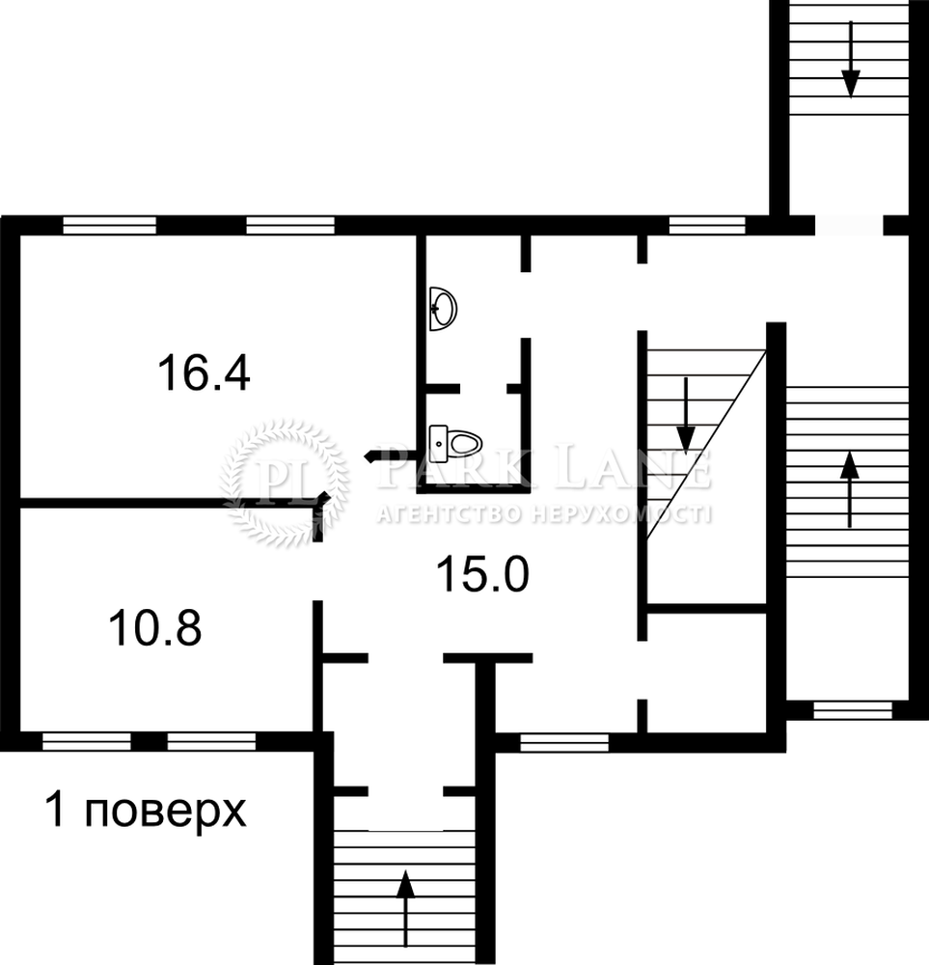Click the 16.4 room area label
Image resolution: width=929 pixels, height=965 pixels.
pyautogui.click(x=204, y=373)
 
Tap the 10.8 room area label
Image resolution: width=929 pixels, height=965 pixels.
pyautogui.click(x=155, y=628)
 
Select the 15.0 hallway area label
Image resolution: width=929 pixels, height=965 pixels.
pyautogui.click(x=482, y=573)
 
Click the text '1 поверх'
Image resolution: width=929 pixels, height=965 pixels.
pyautogui.click(x=146, y=811)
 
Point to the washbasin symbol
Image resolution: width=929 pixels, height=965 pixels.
pyautogui.click(x=443, y=309)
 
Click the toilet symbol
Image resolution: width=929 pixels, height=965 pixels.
pyautogui.click(x=455, y=441)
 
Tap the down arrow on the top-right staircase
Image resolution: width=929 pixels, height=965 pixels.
pyautogui.click(x=850, y=60)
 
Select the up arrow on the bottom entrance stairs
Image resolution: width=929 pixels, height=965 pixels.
pyautogui.click(x=405, y=912)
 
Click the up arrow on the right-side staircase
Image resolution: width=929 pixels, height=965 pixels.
pyautogui.click(x=850, y=489)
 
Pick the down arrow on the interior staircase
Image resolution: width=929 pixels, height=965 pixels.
pyautogui.click(x=686, y=416)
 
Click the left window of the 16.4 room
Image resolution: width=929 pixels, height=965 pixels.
pyautogui.click(x=110, y=225)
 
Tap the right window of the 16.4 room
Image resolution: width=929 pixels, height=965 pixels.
pyautogui.click(x=290, y=225)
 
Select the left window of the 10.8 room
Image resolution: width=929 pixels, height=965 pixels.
pyautogui.click(x=87, y=741)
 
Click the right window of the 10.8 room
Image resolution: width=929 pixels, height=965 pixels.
pyautogui.click(x=211, y=741)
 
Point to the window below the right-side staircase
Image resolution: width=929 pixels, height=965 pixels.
pyautogui.click(x=853, y=710)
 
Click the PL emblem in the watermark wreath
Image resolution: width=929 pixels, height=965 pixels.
pyautogui.click(x=285, y=482)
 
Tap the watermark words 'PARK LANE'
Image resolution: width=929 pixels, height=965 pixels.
pyautogui.click(x=544, y=469)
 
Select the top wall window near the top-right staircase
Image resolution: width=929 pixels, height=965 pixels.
pyautogui.click(x=707, y=225)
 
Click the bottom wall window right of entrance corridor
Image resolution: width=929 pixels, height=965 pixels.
pyautogui.click(x=564, y=743)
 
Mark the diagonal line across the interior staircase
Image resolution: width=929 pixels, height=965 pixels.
pyautogui.click(x=706, y=445)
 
